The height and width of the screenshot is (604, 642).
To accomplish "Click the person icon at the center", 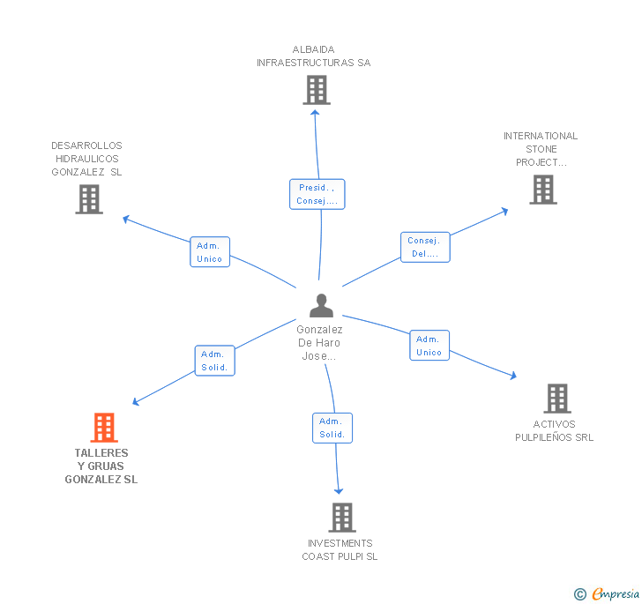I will point(322,305).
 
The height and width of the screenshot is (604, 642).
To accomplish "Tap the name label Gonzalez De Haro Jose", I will point(320,343).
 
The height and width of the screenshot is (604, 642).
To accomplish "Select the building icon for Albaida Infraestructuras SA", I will point(316,90).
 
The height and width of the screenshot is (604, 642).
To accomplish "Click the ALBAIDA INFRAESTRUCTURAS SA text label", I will point(314,56).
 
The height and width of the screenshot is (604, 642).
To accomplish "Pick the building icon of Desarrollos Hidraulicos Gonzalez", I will point(89,199).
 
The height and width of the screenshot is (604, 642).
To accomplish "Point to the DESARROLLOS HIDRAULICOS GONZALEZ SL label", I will point(86,159).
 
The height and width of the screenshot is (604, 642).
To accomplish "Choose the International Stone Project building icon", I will point(543,190).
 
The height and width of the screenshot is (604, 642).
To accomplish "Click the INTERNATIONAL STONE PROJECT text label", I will point(541,149).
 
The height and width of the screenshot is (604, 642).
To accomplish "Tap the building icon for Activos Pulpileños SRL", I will point(556,399).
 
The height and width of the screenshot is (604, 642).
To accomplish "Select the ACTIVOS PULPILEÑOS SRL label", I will point(555,430).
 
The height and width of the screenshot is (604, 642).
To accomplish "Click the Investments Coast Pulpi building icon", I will point(341,518).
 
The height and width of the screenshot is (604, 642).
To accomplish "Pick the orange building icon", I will point(104,428).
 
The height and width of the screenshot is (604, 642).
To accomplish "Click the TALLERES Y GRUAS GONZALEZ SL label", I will point(101,466).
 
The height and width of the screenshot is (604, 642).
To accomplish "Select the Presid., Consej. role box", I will point(317,194).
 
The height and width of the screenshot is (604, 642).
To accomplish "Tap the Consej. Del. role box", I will point(425,247).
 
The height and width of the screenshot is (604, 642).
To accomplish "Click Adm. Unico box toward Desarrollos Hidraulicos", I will point(210,252).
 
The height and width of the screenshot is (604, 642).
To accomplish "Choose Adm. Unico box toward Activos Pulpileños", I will point(429,346).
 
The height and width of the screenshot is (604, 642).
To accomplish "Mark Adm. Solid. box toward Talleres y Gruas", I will point(214,361).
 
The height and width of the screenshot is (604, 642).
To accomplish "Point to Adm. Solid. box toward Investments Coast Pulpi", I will point(332,428).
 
